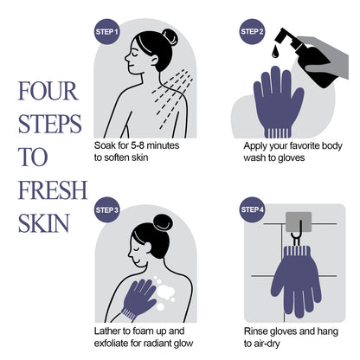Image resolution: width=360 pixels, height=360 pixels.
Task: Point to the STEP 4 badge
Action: [x=250, y=210]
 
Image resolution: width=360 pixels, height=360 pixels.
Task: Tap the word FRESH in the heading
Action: [x=49, y=189]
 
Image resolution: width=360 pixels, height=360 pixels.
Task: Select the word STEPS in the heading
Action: [x=48, y=125]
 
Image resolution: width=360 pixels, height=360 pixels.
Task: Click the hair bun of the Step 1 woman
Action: [x=169, y=36]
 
